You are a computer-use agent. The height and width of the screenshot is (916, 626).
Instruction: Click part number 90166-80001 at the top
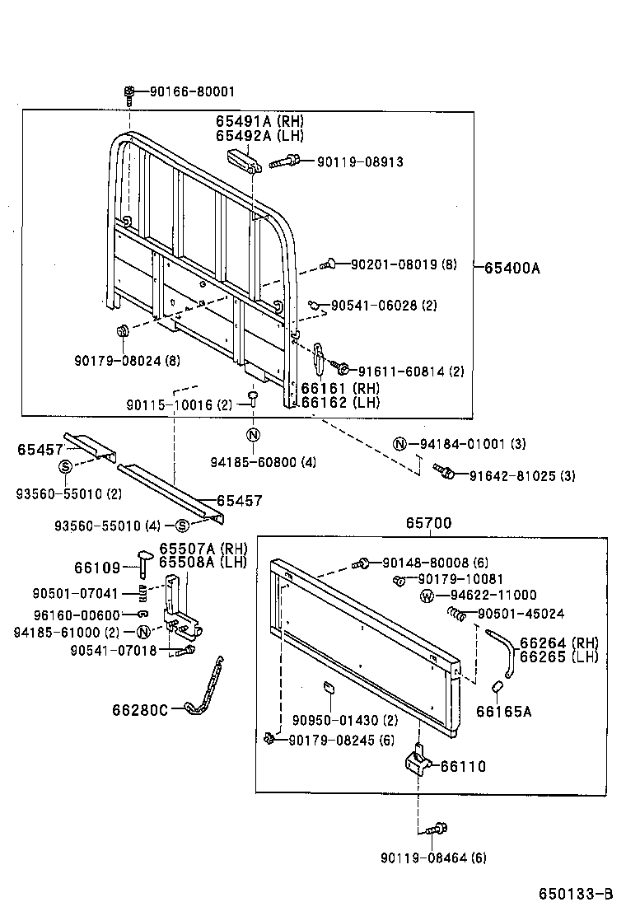coord(191,92)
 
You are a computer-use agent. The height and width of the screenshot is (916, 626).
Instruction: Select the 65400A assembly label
coord(512,267)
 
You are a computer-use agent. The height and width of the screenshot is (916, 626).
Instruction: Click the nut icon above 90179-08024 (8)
coord(122,332)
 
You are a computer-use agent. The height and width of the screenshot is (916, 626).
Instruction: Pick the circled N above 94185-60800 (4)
coord(253,436)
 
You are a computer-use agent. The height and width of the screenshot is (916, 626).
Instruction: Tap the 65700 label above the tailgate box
coord(427,523)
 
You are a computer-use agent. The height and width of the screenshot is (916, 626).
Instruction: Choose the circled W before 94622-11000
coord(427,595)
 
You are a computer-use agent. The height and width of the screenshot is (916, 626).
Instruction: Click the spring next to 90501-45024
coord(457,613)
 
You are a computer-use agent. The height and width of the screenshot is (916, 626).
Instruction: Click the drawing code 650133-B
coord(576,894)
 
